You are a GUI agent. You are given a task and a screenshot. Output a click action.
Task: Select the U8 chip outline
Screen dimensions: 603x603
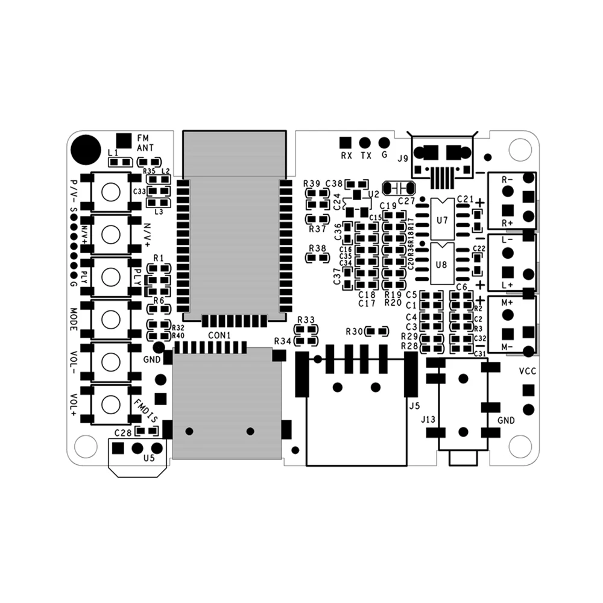[x=442, y=264]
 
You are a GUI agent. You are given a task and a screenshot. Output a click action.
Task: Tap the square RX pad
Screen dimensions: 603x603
[x=345, y=142]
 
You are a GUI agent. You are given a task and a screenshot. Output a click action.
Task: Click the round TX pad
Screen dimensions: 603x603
[x=364, y=142]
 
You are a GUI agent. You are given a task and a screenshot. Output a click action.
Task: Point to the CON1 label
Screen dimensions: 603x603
[x=219, y=335]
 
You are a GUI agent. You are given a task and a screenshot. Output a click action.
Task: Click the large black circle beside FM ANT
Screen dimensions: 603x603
[x=86, y=148]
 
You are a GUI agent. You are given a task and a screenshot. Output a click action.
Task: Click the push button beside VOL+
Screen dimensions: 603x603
[x=111, y=402]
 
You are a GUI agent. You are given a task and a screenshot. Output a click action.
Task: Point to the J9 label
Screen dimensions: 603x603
[x=403, y=159]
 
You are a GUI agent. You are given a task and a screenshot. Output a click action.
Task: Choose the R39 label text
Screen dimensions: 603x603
[x=312, y=183]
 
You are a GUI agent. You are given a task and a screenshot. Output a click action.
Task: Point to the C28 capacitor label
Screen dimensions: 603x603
[x=122, y=432]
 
